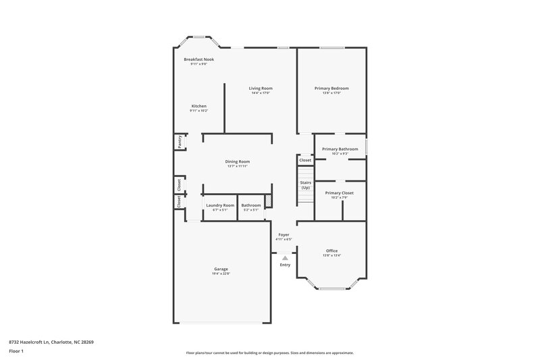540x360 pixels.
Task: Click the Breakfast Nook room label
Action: pyautogui.click(x=199, y=59)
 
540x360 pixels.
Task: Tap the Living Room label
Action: pyautogui.click(x=261, y=88)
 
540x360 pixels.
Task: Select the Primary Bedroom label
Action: pyautogui.click(x=331, y=88)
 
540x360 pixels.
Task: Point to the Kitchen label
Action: pyautogui.click(x=198, y=106)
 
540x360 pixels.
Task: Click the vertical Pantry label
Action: pyautogui.click(x=180, y=142)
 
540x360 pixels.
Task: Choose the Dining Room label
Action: pyautogui.click(x=238, y=161)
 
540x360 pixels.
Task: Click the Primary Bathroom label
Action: pyautogui.click(x=340, y=149)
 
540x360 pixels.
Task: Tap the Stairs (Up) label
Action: pyautogui.click(x=305, y=184)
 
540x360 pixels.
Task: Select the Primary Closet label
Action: pyautogui.click(x=339, y=192)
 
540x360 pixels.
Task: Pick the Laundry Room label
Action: pyautogui.click(x=220, y=205)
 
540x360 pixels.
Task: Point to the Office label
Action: pyautogui.click(x=331, y=251)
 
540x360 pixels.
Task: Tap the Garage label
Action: pyautogui.click(x=221, y=269)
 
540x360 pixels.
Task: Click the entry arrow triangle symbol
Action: pyautogui.click(x=285, y=257)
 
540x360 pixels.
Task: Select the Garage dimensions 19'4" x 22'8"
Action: pyautogui.click(x=221, y=274)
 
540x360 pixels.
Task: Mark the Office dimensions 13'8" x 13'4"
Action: pyautogui.click(x=331, y=255)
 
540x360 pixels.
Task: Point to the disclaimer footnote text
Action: pyautogui.click(x=269, y=353)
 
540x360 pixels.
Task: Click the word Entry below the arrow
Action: pyautogui.click(x=285, y=264)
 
